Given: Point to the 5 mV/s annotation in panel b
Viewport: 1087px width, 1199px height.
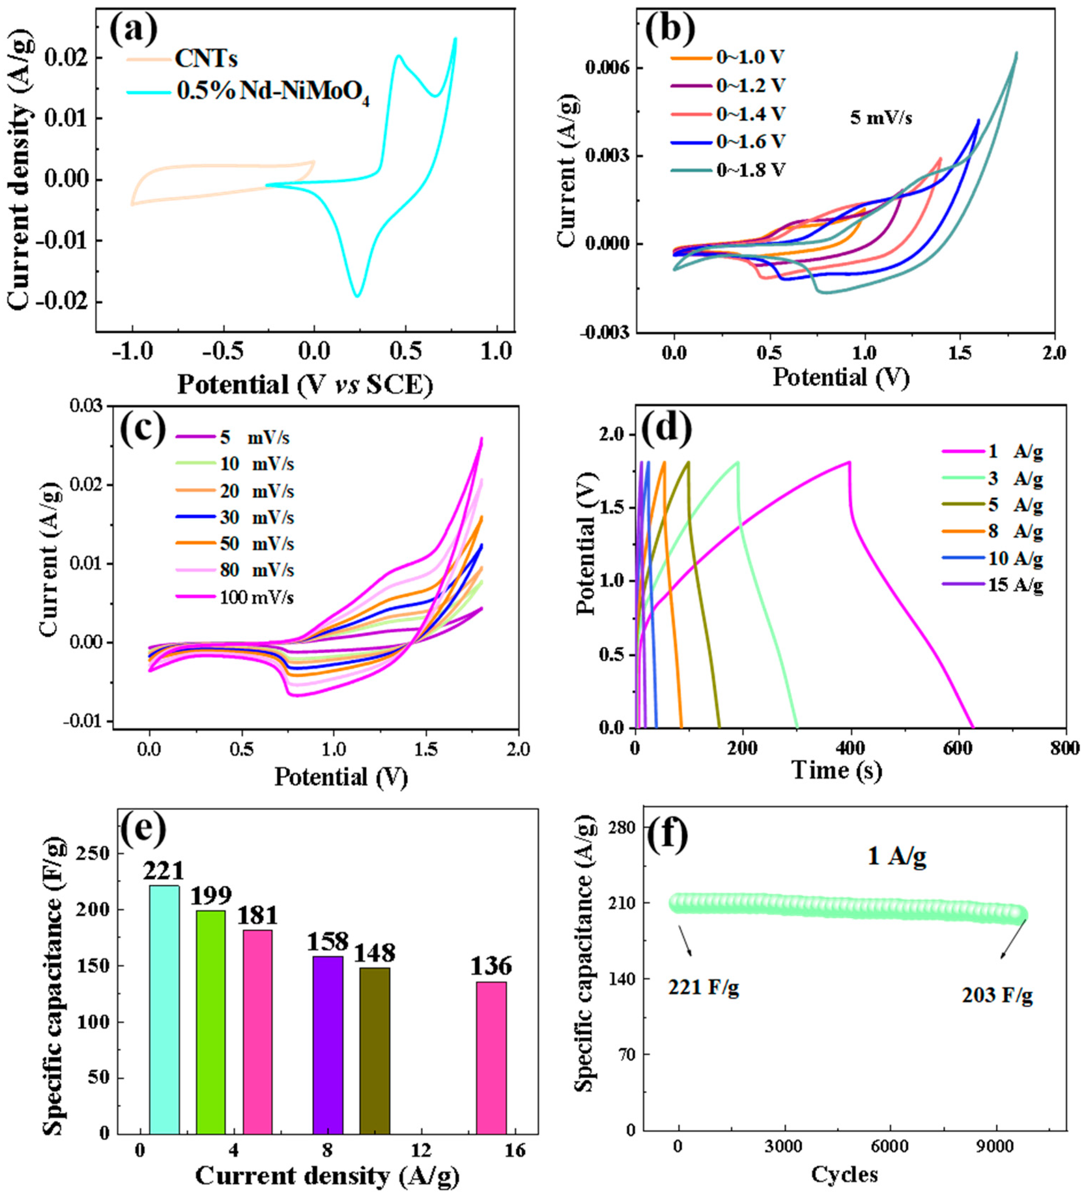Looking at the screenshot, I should pyautogui.click(x=881, y=118).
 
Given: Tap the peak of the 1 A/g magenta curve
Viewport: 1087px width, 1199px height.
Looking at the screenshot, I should pyautogui.click(x=849, y=462).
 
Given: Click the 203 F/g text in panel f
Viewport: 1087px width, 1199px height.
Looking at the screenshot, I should pyautogui.click(x=997, y=994).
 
